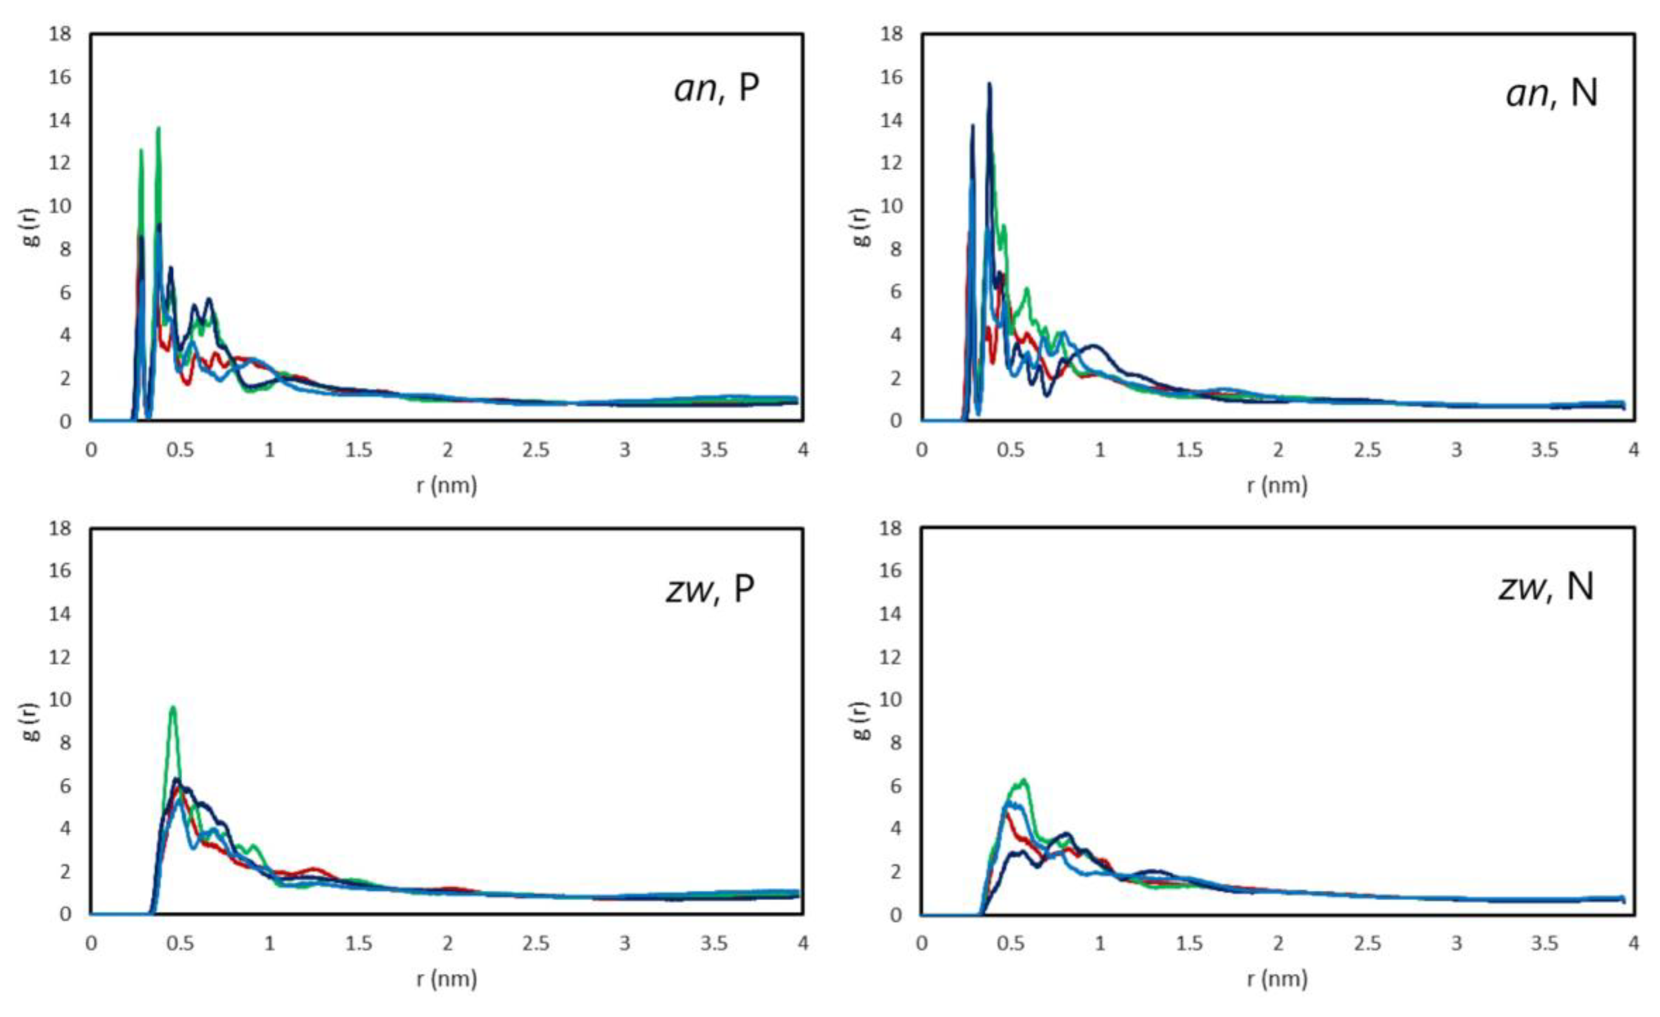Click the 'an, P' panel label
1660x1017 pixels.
coord(717,89)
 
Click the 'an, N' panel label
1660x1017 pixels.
coord(1552,92)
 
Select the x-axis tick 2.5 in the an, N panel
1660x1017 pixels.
coord(1367,450)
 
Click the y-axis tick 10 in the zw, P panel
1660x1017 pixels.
coord(59,700)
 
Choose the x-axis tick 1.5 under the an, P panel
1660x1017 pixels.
coord(358,450)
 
